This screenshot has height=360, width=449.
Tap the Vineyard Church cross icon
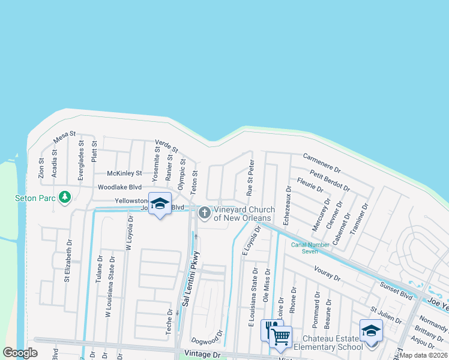[205, 212]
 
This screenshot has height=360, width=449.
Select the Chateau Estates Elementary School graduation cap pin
[371, 331]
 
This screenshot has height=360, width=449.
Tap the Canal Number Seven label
[312, 248]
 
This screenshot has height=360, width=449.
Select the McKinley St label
[124, 173]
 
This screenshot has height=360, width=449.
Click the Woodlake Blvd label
[119, 187]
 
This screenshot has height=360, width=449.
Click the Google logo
[20, 353]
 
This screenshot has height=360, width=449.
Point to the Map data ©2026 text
[424, 355]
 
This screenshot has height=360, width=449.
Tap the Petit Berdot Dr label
[330, 179]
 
